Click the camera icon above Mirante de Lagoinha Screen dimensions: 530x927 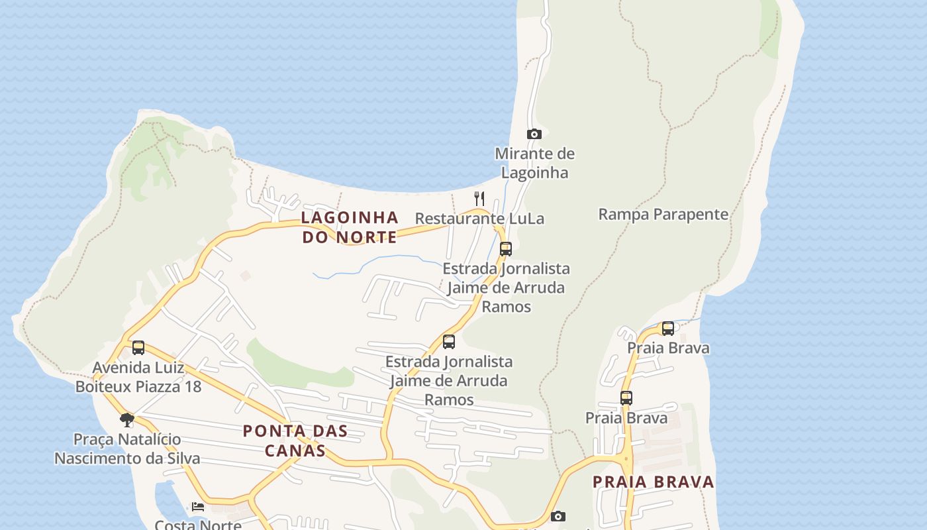534,134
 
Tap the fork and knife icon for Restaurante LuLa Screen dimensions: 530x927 479,198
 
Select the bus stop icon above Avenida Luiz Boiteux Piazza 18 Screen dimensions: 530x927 138,347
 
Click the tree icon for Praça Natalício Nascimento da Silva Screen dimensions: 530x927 127,419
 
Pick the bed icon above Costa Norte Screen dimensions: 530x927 197,507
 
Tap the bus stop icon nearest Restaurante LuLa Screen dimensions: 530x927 506,249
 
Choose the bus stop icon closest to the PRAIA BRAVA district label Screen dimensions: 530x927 626,397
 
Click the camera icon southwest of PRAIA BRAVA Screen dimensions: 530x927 558,516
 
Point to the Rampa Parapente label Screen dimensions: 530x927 663,215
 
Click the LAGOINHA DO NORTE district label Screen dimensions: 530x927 350,227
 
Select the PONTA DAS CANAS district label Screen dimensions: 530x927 295,441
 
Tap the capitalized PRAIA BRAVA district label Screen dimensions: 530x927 654,482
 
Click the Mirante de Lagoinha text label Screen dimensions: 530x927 534,163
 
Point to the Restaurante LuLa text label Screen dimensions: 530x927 479,219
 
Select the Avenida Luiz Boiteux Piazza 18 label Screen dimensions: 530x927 138,377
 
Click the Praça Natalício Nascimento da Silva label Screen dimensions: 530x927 127,449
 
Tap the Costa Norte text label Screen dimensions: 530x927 198,525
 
